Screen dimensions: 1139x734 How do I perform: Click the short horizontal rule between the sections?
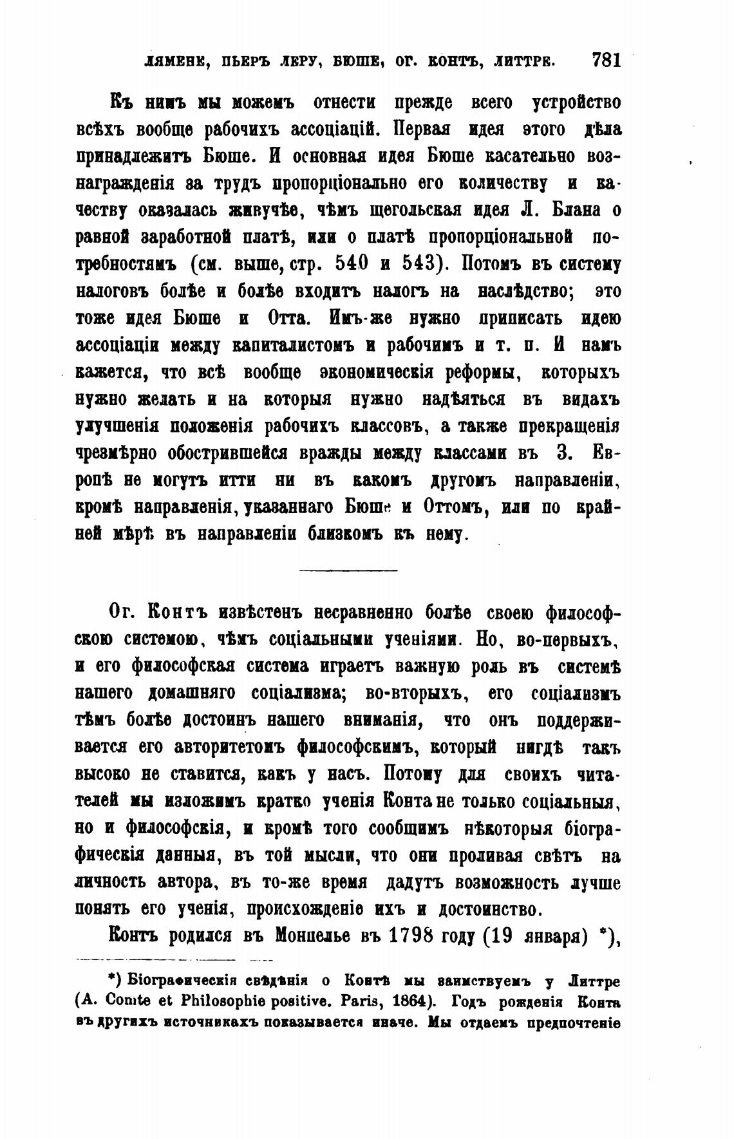click(349, 569)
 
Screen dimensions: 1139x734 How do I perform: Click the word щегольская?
click(422, 211)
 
